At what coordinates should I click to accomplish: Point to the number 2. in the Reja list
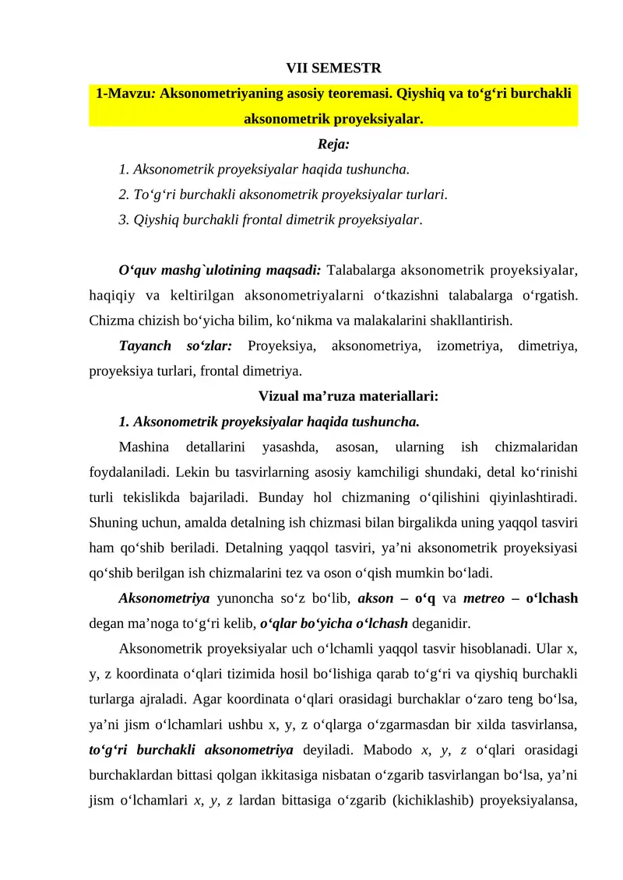[x=125, y=194]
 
